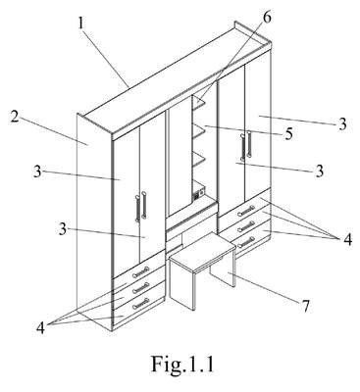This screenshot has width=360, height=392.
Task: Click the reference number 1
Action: click(81, 24)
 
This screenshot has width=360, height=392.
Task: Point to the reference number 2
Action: click(15, 117)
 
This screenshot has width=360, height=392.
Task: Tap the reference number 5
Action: click(288, 134)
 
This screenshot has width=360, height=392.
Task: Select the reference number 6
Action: click(267, 18)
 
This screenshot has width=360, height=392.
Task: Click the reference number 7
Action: click(305, 307)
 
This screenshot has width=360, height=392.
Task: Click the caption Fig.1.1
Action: click(182, 364)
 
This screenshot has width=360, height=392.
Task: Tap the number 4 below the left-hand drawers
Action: click(40, 328)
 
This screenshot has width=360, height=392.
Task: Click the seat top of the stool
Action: click(203, 251)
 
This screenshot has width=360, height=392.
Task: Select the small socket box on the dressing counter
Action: click(199, 193)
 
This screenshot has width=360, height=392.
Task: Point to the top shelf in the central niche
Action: click(199, 102)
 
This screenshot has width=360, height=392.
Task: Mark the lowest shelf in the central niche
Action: click(199, 158)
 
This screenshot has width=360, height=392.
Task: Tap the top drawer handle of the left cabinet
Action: click(141, 272)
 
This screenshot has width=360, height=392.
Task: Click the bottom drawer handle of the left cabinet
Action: click(141, 304)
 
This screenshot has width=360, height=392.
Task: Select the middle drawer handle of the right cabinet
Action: click(246, 226)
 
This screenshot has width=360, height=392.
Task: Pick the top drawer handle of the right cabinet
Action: click(246, 211)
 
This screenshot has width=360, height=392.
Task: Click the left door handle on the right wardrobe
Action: click(242, 147)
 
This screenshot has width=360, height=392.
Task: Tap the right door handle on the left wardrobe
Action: click(144, 206)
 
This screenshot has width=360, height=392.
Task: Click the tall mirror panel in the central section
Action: click(179, 156)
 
